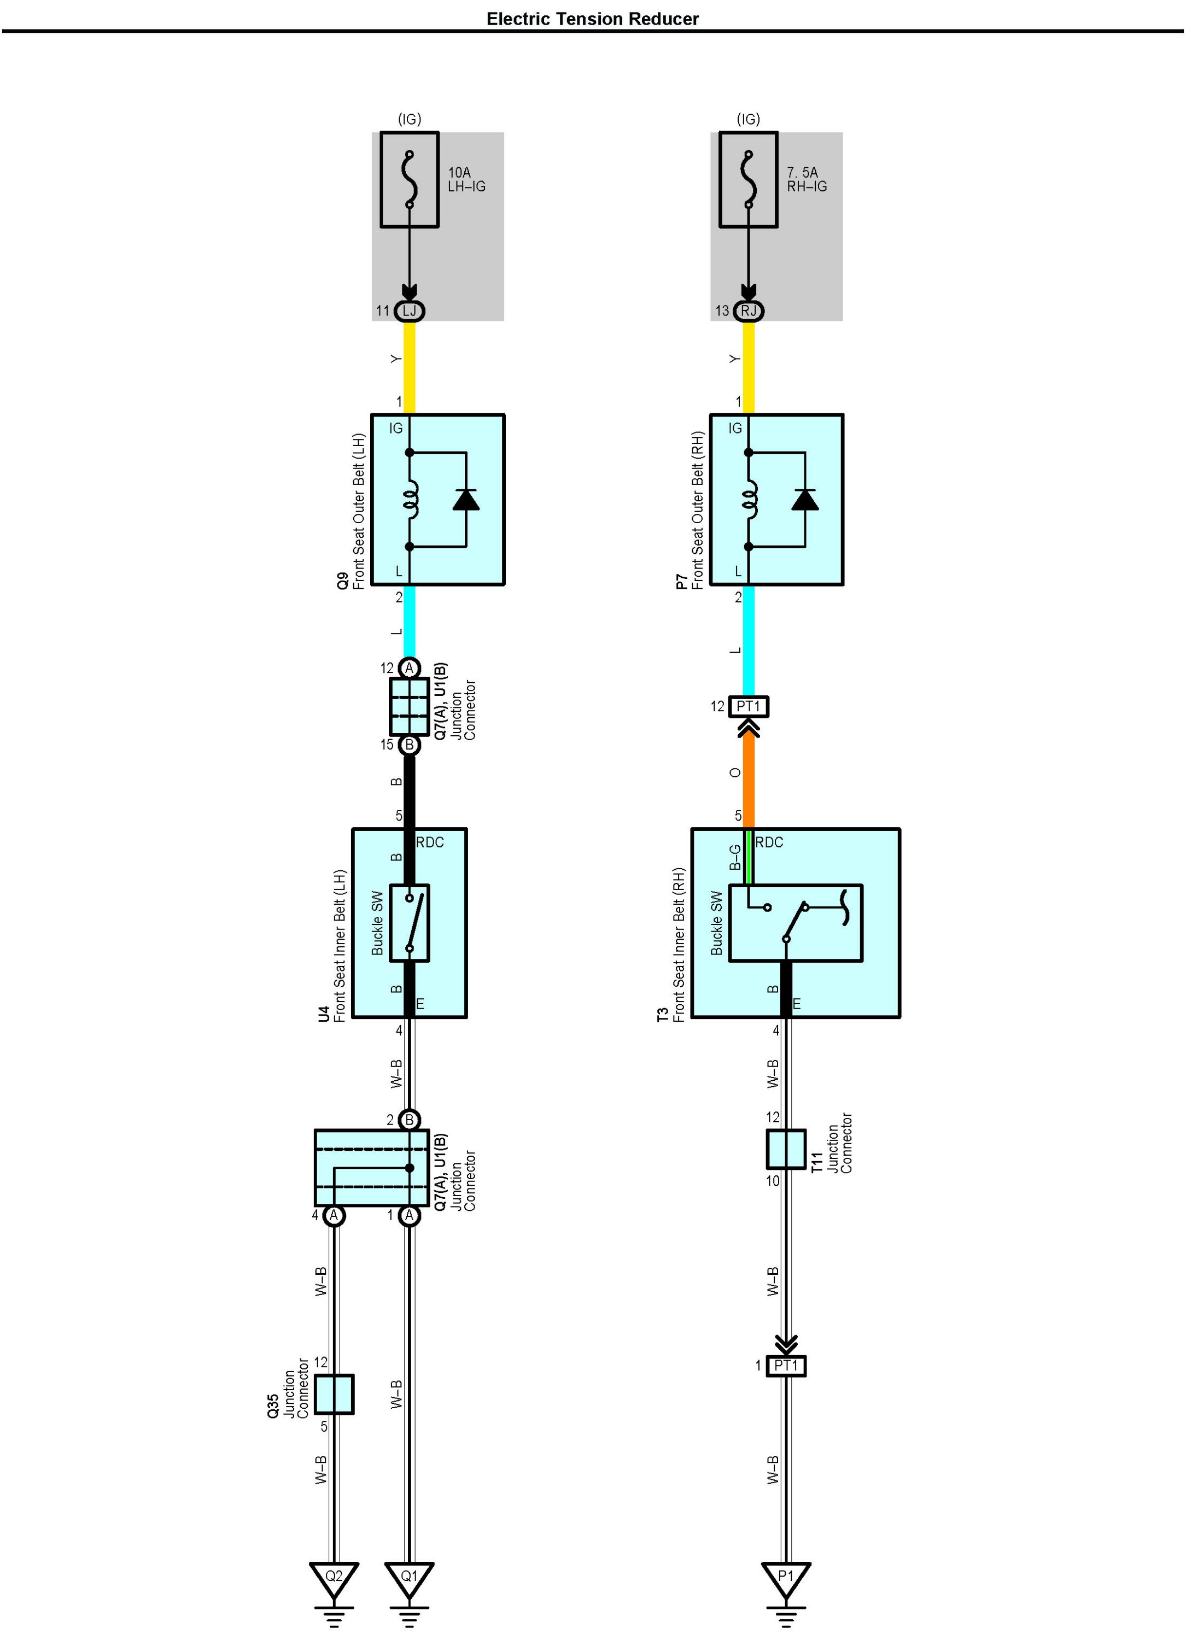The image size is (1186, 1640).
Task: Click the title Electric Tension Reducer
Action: point(592,19)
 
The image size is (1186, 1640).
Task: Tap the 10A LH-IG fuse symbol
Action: point(410,179)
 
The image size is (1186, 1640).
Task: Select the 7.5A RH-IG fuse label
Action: point(807,179)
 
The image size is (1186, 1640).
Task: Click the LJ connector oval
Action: point(410,311)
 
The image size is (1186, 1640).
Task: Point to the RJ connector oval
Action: point(749,311)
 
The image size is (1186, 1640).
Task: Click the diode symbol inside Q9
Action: point(466,500)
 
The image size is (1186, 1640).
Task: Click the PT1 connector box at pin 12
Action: point(749,706)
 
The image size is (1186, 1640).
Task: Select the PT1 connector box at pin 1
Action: point(786,1365)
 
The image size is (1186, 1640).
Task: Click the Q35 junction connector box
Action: point(334,1394)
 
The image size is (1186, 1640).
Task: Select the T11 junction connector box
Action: point(786,1149)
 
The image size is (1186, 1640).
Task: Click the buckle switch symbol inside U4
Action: point(410,923)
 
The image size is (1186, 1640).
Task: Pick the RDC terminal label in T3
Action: point(769,842)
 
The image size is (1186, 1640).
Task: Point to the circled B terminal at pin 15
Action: point(410,745)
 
